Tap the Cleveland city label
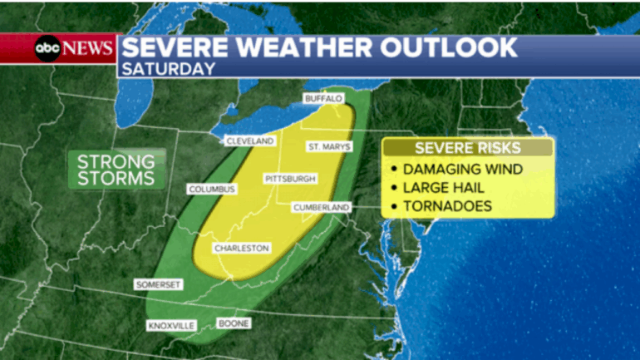[249, 141]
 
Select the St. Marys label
[330, 147]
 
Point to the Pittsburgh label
[290, 179]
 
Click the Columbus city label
[212, 190]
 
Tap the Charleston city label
[241, 249]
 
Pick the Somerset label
[158, 284]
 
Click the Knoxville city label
[170, 325]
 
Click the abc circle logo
[46, 47]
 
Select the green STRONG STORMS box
[116, 169]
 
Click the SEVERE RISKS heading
[468, 148]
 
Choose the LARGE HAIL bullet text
[450, 188]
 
